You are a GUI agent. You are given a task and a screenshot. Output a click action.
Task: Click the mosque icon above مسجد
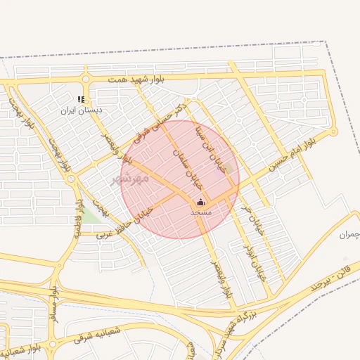200,202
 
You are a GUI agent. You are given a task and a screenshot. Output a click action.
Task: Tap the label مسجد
200,212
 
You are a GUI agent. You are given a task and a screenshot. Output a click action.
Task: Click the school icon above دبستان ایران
81,100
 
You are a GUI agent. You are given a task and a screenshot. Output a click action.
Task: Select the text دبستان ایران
81,110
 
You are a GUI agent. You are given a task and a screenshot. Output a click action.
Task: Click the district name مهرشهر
131,179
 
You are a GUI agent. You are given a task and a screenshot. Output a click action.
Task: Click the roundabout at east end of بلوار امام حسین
333,131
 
